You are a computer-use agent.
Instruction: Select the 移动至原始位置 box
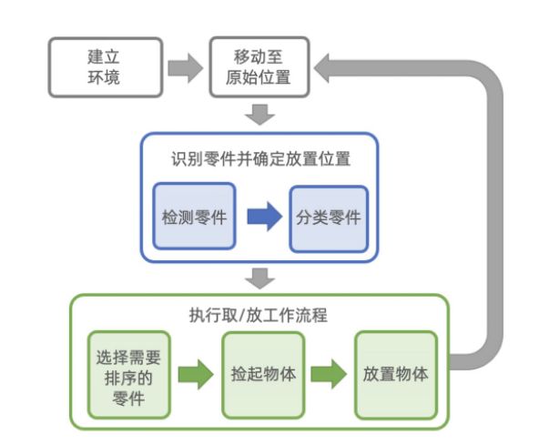[259, 66]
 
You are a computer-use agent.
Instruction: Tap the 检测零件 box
[193, 217]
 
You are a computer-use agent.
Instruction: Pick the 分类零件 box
[330, 217]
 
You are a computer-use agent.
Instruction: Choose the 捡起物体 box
[263, 373]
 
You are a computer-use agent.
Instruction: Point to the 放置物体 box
[395, 373]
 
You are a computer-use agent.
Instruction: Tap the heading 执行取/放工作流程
[259, 316]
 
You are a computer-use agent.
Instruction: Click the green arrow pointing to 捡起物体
[196, 374]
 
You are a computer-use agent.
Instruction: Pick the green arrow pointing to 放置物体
[329, 374]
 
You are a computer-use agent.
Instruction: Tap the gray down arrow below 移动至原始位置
[259, 116]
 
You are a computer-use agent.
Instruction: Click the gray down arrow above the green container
[259, 276]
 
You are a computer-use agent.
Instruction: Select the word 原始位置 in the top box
[259, 77]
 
